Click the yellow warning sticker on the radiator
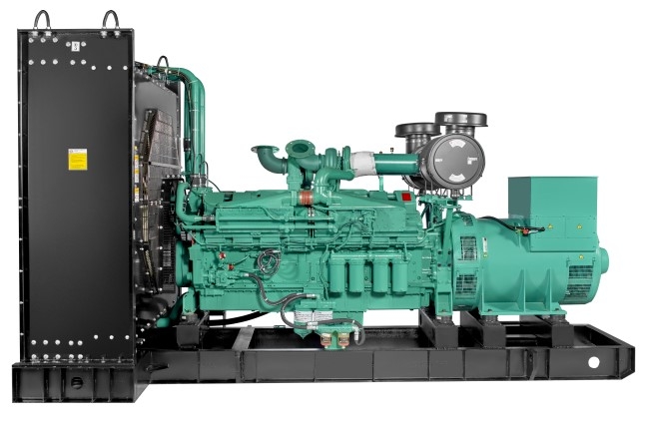coord(76,159)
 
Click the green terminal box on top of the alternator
coord(545,212)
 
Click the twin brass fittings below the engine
coord(336,339)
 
